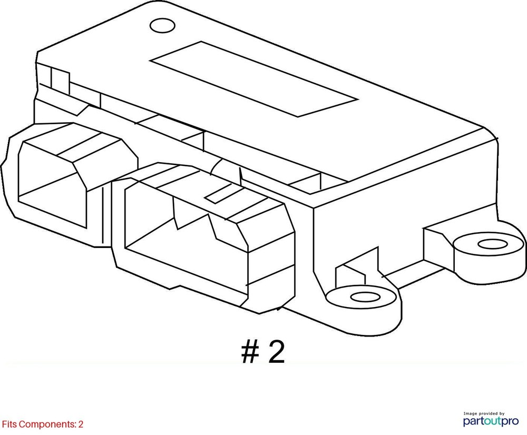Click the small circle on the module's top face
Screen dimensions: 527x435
pos(162,25)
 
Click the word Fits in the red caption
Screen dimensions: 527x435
pos(9,424)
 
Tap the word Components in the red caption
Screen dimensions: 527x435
pos(47,424)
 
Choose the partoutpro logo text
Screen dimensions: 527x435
pos(491,421)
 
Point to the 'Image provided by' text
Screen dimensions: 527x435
pos(484,413)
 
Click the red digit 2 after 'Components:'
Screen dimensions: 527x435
pos(81,424)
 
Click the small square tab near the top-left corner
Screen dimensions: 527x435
pos(60,81)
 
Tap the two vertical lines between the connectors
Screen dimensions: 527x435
pos(103,215)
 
